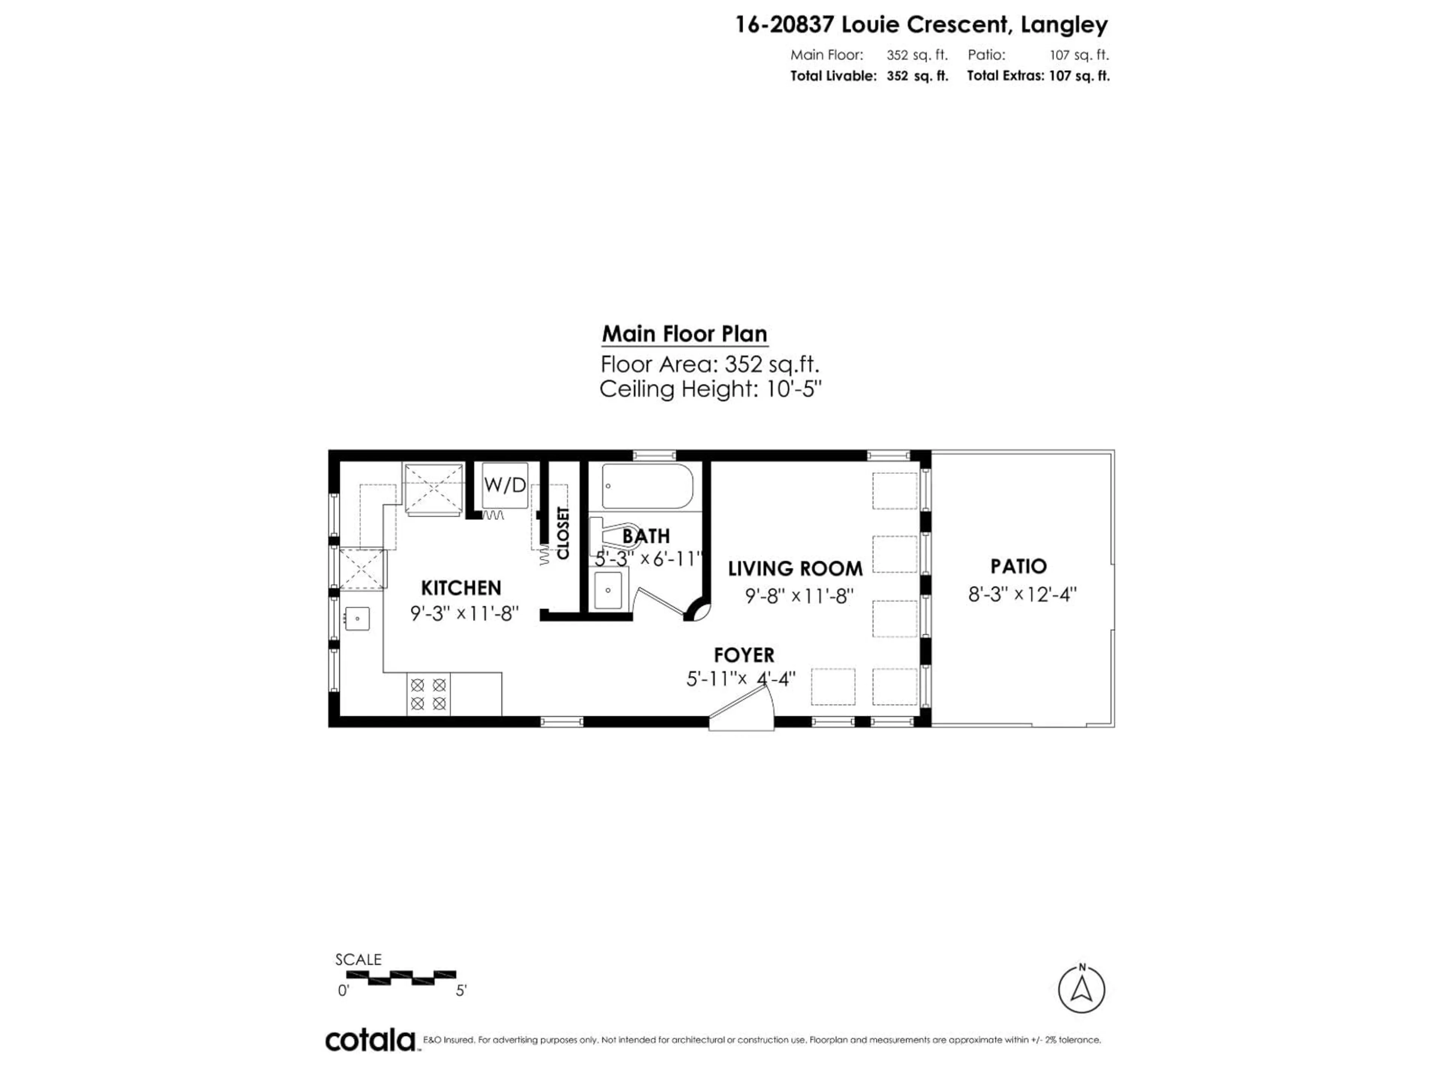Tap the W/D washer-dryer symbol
click(x=505, y=485)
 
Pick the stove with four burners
click(x=428, y=694)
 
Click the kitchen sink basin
click(x=357, y=618)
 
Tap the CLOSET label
click(x=563, y=533)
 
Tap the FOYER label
click(x=744, y=655)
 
